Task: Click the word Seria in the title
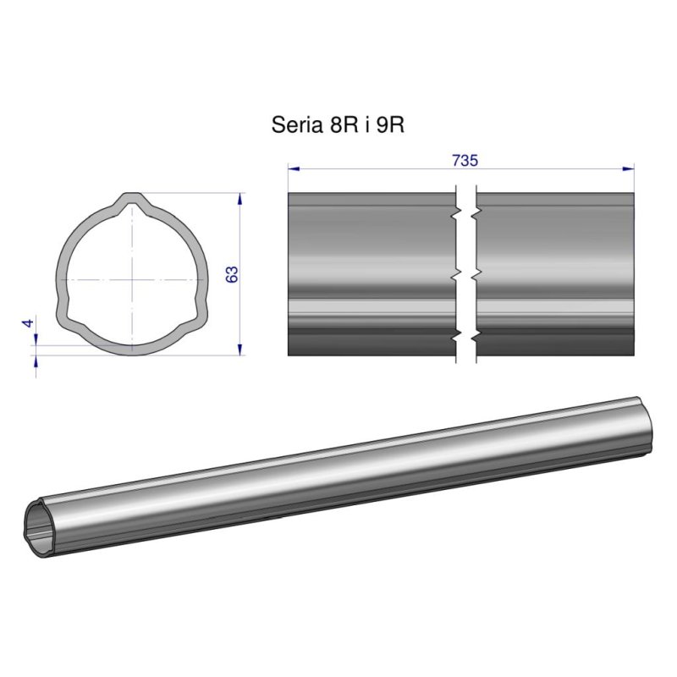[294, 126]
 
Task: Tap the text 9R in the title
[390, 126]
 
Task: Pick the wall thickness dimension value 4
[28, 324]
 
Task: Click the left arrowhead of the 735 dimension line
[293, 168]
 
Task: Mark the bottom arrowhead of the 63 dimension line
[241, 347]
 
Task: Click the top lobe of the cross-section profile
[132, 202]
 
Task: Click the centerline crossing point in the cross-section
[132, 278]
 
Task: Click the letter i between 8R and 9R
[365, 126]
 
